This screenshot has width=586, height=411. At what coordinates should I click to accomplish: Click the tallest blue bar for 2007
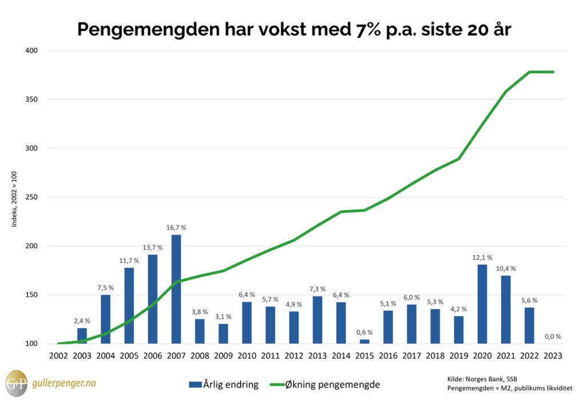176,289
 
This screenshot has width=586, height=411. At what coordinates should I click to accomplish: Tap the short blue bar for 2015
365,341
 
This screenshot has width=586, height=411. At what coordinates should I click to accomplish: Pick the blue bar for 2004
106,319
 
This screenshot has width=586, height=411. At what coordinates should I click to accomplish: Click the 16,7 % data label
176,227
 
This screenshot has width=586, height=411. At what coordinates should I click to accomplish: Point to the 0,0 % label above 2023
553,337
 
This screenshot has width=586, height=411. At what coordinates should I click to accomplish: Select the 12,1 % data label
482,257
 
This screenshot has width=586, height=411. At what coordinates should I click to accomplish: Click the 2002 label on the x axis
58,355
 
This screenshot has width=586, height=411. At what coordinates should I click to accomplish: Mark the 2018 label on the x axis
435,355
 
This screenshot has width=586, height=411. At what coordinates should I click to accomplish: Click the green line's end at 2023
553,72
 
